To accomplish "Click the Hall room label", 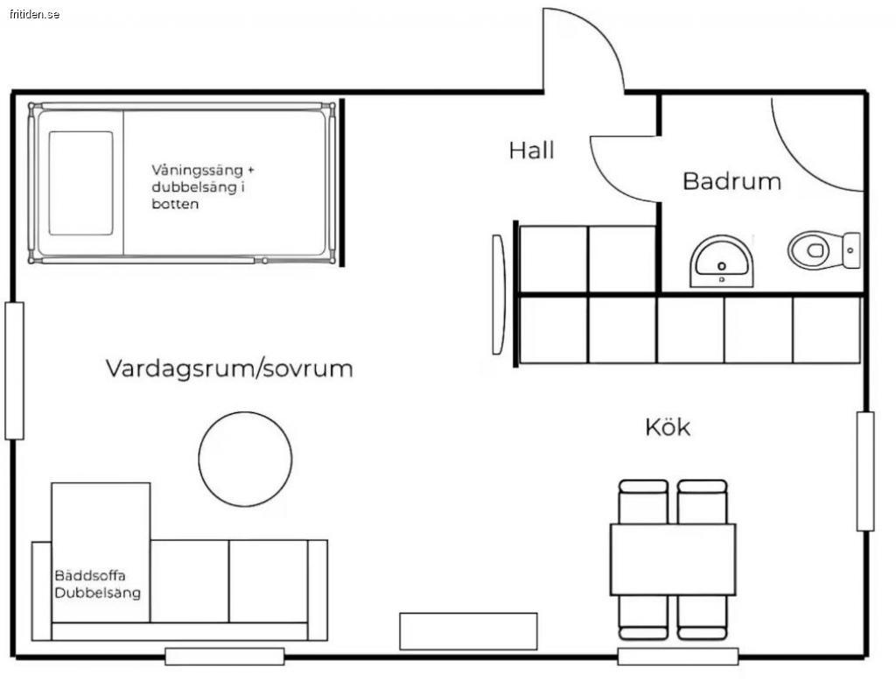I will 531,151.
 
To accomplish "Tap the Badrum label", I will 731,181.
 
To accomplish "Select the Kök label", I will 668,427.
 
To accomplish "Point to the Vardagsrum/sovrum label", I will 229,368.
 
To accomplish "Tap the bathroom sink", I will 721,261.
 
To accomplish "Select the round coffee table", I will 245,460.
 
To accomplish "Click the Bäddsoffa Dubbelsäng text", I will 97,584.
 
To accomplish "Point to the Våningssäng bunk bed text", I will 207,186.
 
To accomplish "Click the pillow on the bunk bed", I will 80,183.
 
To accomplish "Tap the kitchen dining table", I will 673,559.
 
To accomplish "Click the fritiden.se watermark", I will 31,15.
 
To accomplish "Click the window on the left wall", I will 14,370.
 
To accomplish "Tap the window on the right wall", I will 865,471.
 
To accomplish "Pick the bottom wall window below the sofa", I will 225,656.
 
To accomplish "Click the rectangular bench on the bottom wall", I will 468,631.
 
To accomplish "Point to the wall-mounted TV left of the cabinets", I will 498,294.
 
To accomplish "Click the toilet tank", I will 850,249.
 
